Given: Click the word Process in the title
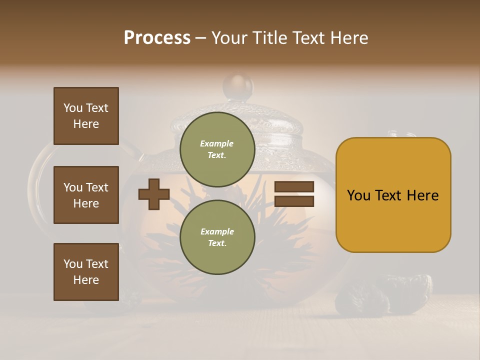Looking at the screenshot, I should point(157,38).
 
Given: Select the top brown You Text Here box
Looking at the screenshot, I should point(86,116).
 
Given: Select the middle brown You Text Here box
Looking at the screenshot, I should point(86,195).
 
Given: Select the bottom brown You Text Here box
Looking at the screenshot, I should point(86,271).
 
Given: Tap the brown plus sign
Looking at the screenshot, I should point(154,194).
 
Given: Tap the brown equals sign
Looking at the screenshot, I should point(294,194).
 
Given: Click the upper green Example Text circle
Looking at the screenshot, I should point(217,149).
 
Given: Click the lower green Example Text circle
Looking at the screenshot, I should point(217,237).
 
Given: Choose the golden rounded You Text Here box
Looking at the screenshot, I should point(393,195).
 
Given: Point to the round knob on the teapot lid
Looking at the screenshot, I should point(238,86).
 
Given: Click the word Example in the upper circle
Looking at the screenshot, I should point(217,143).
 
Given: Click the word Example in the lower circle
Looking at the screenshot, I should point(217,231).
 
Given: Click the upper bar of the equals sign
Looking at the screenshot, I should point(294,187).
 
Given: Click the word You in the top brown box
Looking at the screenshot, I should point(73,108).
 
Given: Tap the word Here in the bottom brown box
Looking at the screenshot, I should point(86,280).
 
